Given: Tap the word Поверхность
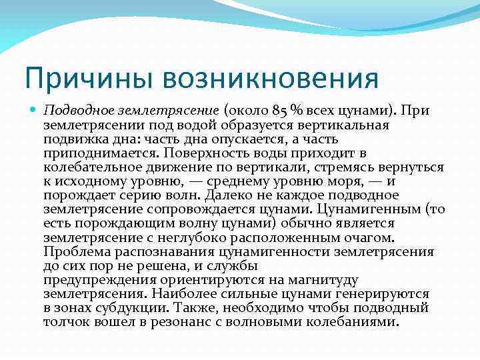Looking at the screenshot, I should pos(223,153).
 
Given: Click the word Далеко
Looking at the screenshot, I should pos(229,195).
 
